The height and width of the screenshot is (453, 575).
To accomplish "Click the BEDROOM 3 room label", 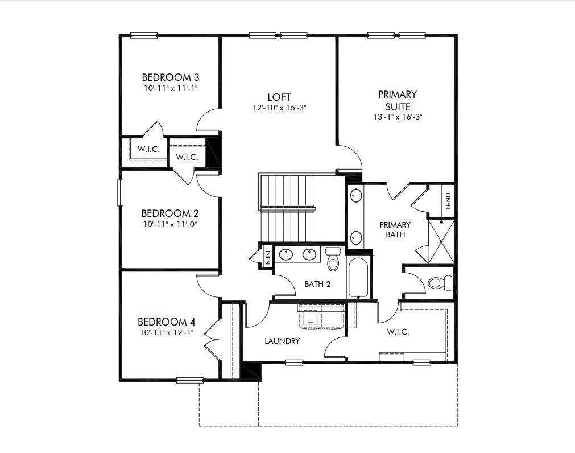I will point(170,77).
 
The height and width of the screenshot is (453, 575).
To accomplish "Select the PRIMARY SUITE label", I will point(397,100).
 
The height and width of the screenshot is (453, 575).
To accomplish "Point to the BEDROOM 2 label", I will point(169,213).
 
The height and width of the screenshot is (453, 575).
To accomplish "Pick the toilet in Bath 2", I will point(333,261).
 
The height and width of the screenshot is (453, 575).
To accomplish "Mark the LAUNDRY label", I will point(282,341).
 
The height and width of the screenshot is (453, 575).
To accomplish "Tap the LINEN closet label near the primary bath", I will point(448,200).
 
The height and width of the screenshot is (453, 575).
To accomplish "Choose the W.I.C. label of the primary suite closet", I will point(398,332).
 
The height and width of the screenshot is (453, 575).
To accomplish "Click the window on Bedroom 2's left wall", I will point(120,192).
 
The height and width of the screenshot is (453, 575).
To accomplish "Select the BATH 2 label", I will point(317,284).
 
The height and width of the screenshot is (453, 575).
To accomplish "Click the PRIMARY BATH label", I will point(395,229).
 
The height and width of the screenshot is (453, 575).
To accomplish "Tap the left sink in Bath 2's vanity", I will point(286,254).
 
